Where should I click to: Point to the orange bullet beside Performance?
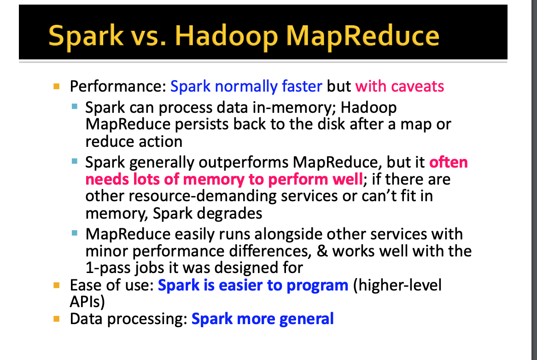pyautogui.click(x=57, y=86)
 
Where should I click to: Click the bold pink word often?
pyautogui.click(x=448, y=162)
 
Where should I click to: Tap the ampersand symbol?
pyautogui.click(x=322, y=251)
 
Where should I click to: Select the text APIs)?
pyautogui.click(x=88, y=302)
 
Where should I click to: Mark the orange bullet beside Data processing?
pyautogui.click(x=57, y=319)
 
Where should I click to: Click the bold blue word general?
pyautogui.click(x=307, y=319)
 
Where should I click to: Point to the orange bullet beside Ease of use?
pyautogui.click(x=57, y=285)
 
